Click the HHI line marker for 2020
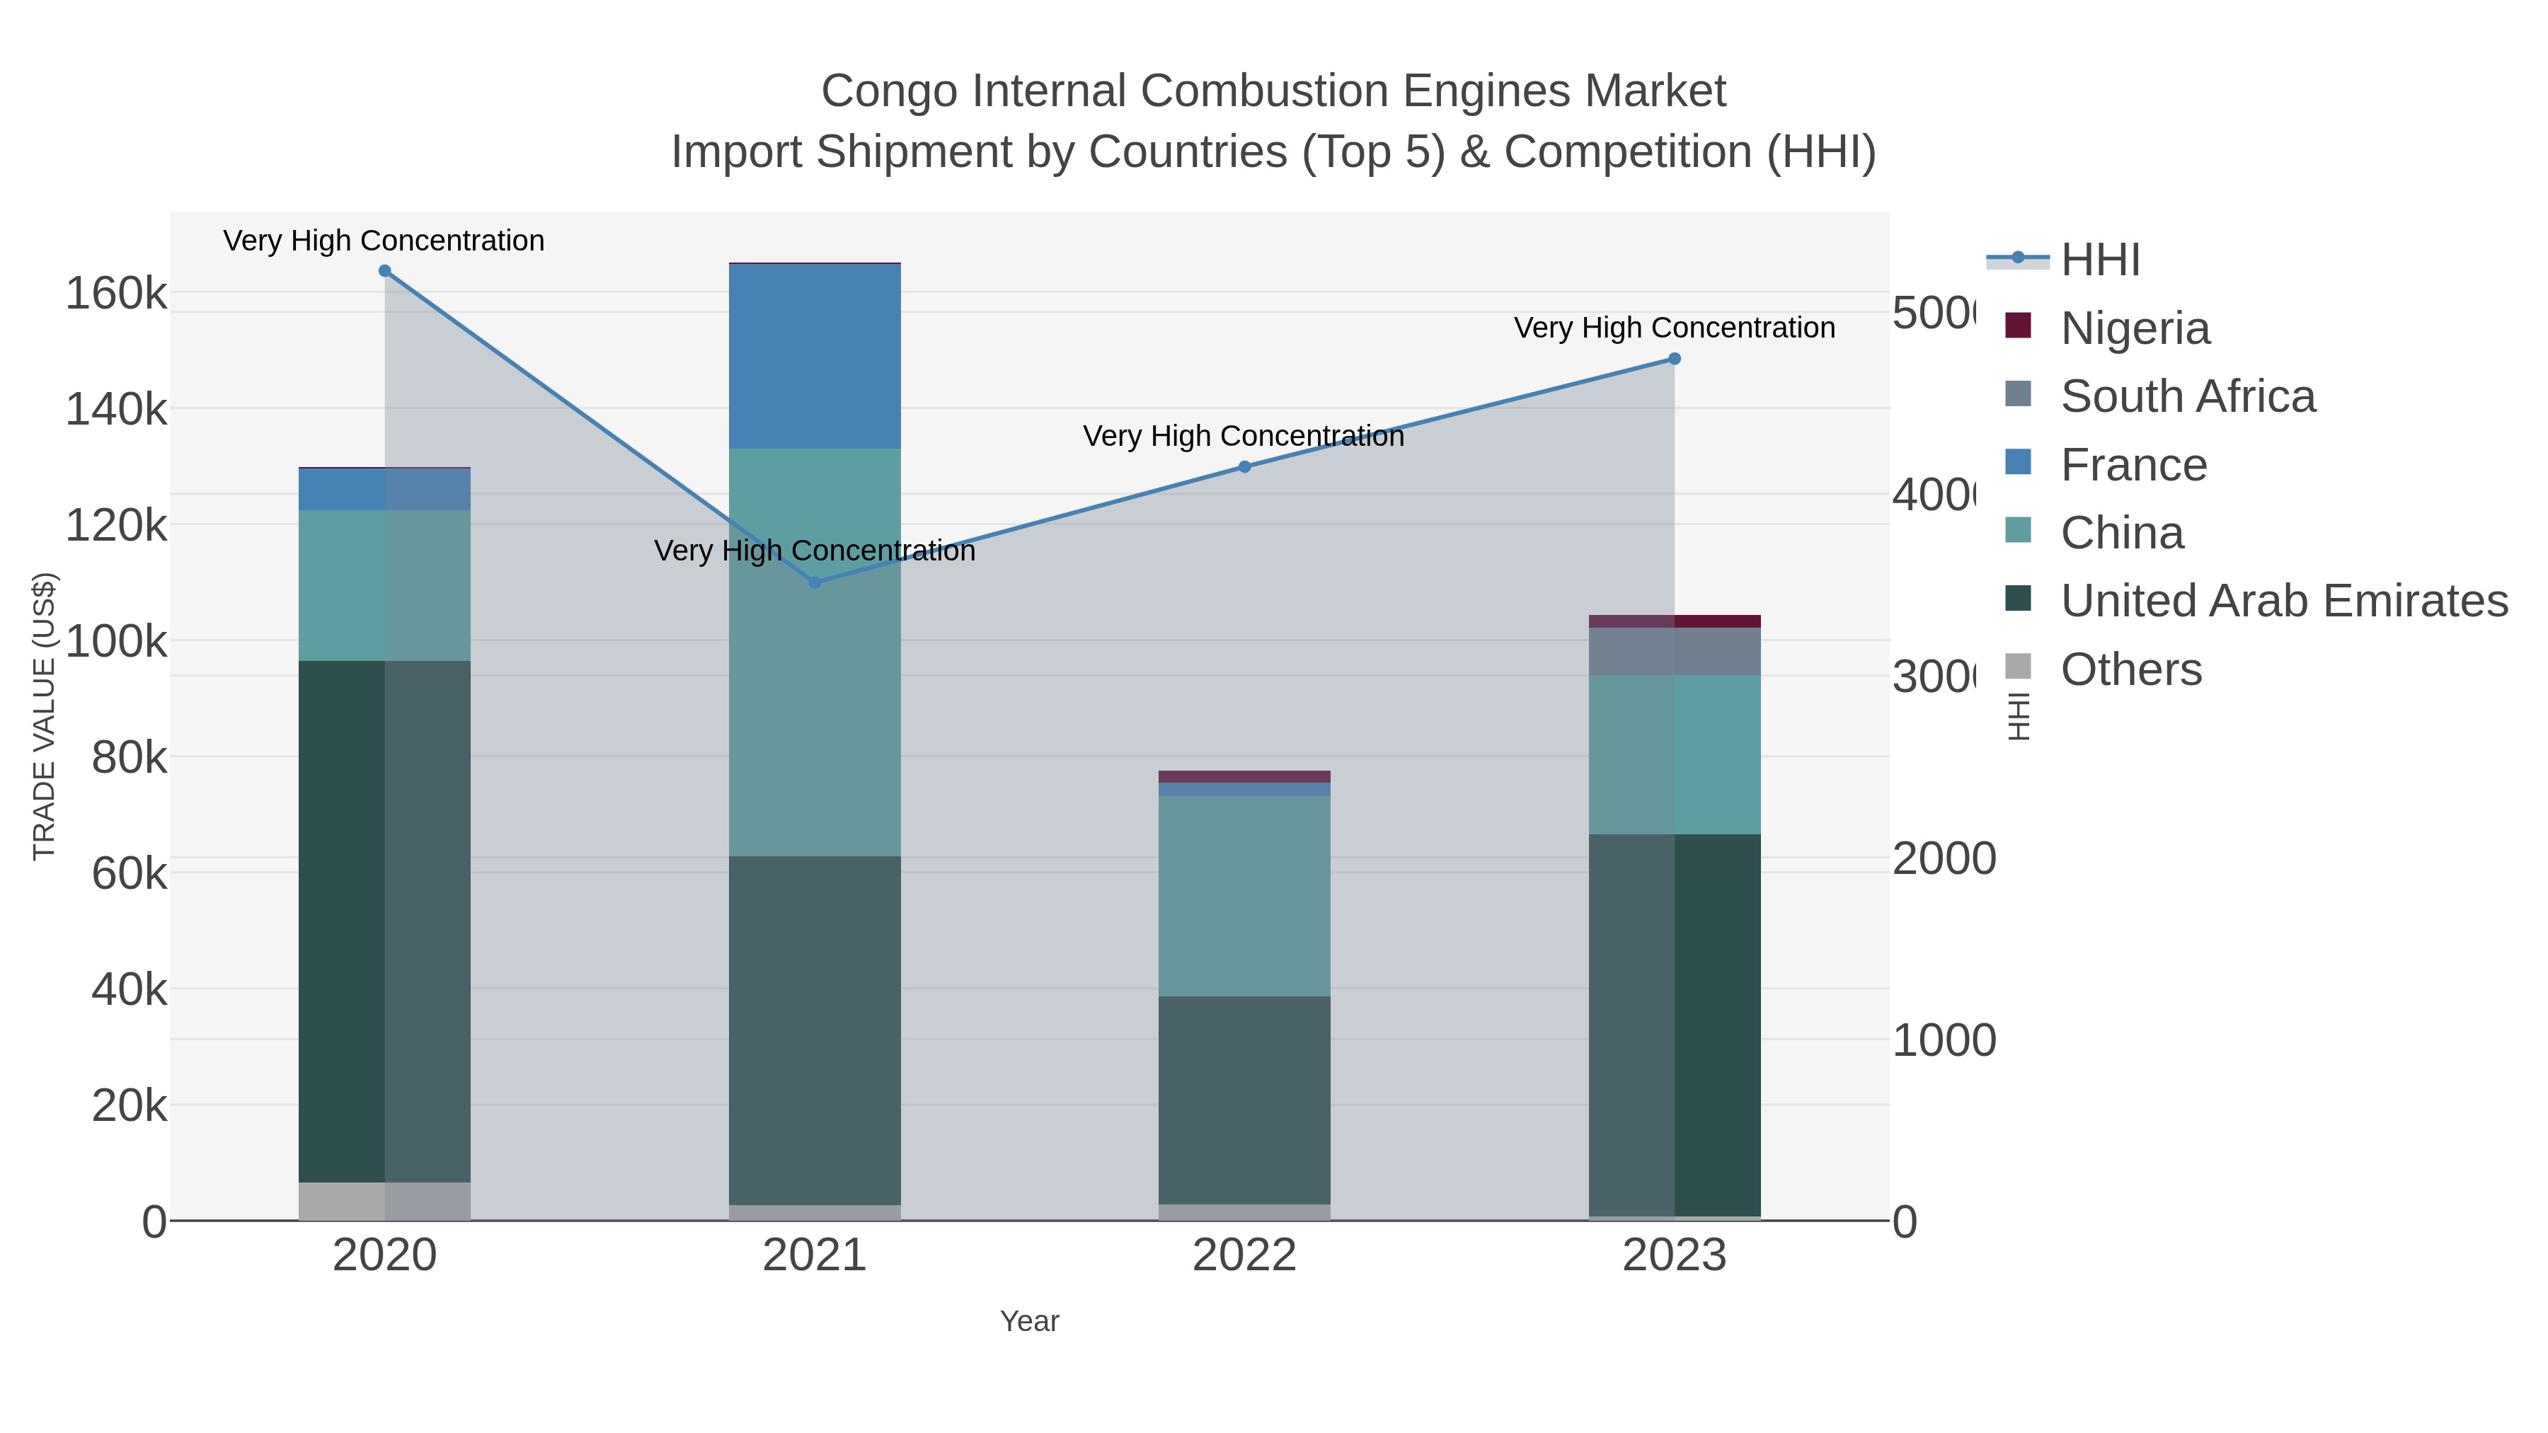coord(385,271)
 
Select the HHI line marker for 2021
coord(815,582)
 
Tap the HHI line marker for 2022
coord(1244,467)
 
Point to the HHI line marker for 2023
coord(1675,359)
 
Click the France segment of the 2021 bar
coord(815,356)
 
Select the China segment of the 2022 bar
coord(1244,895)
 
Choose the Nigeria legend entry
coord(2135,328)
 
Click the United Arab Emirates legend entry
coord(2283,600)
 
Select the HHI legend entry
coord(2100,260)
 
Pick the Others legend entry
coord(2130,669)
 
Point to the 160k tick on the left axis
coord(117,294)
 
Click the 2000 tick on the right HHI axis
coord(1943,858)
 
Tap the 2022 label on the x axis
coord(1244,1255)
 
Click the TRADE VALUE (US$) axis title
coord(45,716)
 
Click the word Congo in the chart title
coord(888,91)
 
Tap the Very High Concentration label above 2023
coord(1674,328)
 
